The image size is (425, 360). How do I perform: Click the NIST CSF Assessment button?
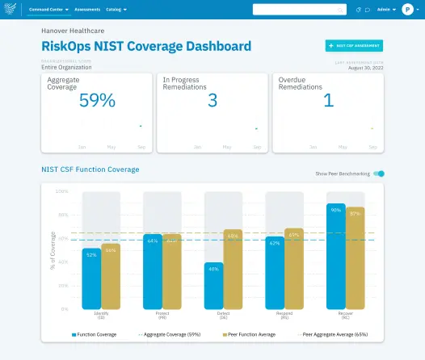tap(354, 46)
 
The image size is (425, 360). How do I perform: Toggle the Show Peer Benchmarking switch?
tap(380, 174)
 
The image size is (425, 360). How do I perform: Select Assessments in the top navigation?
tap(87, 10)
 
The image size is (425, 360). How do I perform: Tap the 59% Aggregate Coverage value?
tap(97, 100)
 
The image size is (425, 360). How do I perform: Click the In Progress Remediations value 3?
tap(212, 100)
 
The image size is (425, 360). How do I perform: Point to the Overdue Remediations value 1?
tap(328, 100)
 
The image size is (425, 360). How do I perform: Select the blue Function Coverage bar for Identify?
tap(91, 278)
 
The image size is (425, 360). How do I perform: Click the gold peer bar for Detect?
tap(233, 270)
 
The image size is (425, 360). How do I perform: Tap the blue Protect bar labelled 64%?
tap(153, 271)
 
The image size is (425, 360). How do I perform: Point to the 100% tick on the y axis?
tap(62, 191)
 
